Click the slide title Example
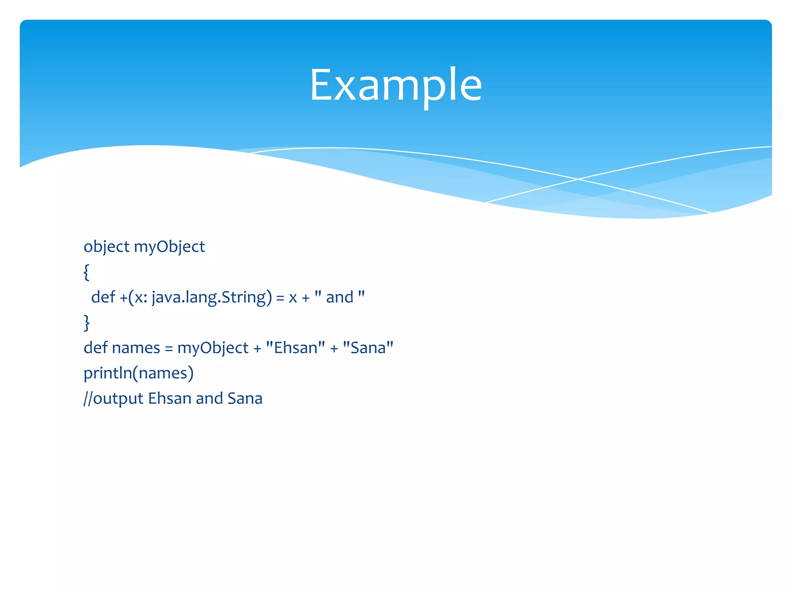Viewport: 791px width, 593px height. pos(395,85)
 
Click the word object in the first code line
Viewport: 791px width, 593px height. pos(106,247)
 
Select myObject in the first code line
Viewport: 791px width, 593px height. pos(169,247)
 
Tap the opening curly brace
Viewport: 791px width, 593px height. pos(87,272)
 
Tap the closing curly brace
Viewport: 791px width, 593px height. pos(87,323)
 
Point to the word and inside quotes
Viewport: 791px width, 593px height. pos(339,297)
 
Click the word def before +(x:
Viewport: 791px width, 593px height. pos(103,297)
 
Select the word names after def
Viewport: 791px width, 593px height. pos(136,348)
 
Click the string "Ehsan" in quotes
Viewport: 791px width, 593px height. pos(295,348)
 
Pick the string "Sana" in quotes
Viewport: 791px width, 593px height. pos(368,348)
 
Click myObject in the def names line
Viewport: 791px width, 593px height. pos(213,348)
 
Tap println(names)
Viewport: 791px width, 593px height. pos(138,373)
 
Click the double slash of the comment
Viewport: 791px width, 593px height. pos(88,398)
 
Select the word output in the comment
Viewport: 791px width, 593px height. pos(119,399)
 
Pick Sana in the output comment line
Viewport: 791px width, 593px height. pos(245,398)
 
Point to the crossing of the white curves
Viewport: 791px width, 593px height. pos(578,179)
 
